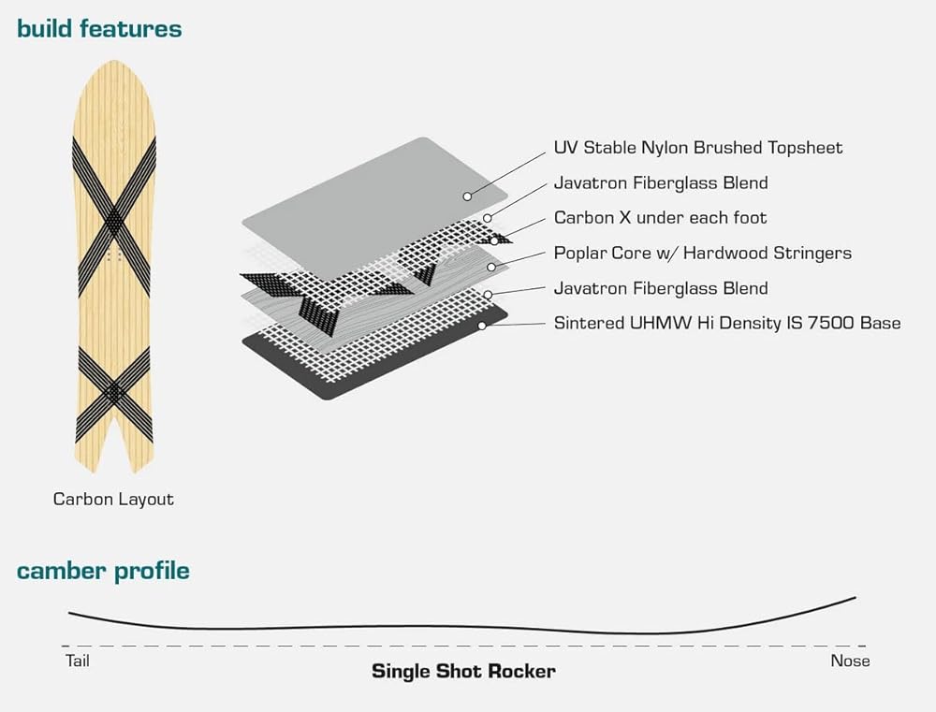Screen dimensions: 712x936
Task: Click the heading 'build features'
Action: point(99,29)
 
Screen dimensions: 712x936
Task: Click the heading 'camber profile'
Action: point(103,571)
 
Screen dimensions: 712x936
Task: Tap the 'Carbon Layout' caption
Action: point(113,499)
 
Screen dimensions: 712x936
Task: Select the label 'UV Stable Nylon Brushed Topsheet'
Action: point(697,148)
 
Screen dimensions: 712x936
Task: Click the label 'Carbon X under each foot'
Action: point(660,218)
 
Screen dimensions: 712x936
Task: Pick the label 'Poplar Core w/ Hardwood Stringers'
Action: point(702,254)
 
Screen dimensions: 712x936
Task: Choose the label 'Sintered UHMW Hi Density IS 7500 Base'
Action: point(726,324)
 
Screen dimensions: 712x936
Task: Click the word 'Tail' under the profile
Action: point(77,661)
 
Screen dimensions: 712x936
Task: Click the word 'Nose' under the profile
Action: point(850,661)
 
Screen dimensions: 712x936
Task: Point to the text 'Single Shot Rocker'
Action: point(463,671)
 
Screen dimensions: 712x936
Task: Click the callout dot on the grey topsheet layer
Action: point(466,196)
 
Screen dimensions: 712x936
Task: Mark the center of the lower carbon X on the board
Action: point(113,391)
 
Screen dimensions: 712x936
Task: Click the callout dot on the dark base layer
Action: point(481,326)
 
